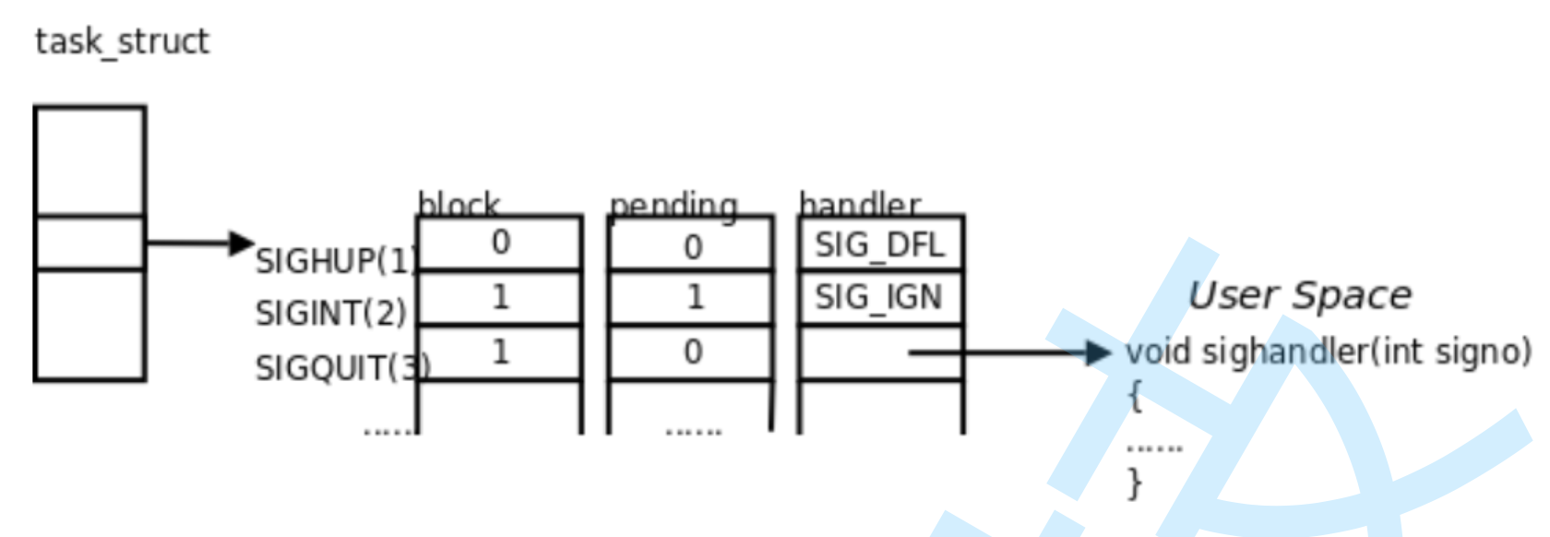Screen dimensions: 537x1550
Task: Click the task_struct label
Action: [x=122, y=42]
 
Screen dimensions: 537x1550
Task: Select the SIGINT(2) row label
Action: [x=330, y=314]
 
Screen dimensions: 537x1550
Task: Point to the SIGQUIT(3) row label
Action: [x=342, y=368]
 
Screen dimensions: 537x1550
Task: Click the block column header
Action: [x=459, y=204]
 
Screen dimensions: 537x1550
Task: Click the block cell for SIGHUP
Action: [x=500, y=243]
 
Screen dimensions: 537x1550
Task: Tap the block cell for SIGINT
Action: [x=500, y=297]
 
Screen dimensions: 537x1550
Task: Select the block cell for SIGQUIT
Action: [x=500, y=352]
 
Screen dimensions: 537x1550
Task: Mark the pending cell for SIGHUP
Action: [x=692, y=246]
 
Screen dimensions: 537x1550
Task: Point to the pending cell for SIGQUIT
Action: [x=692, y=352]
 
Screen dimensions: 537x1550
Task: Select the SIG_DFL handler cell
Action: [x=879, y=245]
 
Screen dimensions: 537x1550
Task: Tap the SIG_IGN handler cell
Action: [x=878, y=297]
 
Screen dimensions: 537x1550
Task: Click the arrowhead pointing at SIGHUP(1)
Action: [x=242, y=243]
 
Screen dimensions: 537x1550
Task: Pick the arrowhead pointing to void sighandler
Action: [x=1098, y=352]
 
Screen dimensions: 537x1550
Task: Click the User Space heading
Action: [x=1299, y=295]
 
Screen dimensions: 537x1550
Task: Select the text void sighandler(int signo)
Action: [x=1328, y=352]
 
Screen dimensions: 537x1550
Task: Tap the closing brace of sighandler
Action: [x=1134, y=483]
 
